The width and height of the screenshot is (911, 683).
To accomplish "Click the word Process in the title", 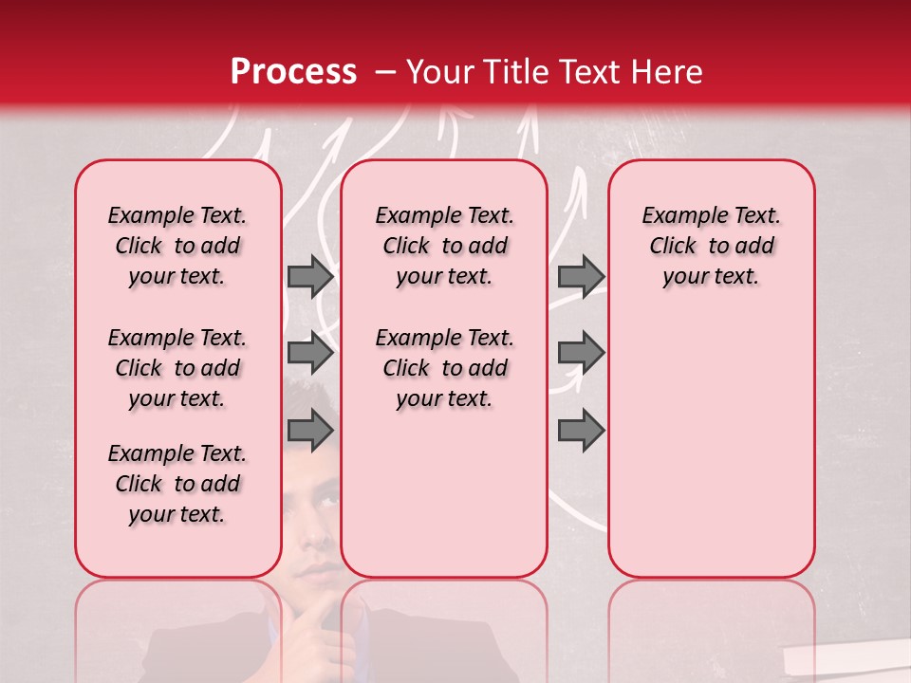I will [x=292, y=72].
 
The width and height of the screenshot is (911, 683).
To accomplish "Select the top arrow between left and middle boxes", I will [x=309, y=276].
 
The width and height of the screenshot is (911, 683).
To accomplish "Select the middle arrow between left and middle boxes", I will [x=309, y=353].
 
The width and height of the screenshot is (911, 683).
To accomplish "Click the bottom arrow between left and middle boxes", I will [x=309, y=430].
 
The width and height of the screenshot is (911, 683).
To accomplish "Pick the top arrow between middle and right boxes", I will [x=581, y=276].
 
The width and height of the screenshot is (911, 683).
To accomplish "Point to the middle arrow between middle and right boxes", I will [x=581, y=353].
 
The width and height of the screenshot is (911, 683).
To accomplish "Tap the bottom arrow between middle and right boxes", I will [x=581, y=430].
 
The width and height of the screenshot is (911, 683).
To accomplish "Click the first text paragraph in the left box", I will [x=177, y=246].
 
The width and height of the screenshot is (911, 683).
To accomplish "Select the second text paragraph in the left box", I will [x=177, y=368].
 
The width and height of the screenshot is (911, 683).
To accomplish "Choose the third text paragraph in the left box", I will [x=177, y=484].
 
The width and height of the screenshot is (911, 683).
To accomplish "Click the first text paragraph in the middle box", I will [x=444, y=246].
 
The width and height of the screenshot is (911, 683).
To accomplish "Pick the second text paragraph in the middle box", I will [x=444, y=368].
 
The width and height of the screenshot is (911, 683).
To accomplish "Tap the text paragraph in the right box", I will [x=711, y=246].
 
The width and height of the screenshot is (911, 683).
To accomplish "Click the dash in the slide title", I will [x=385, y=72].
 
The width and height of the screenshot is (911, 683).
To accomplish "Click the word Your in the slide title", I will [x=437, y=72].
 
